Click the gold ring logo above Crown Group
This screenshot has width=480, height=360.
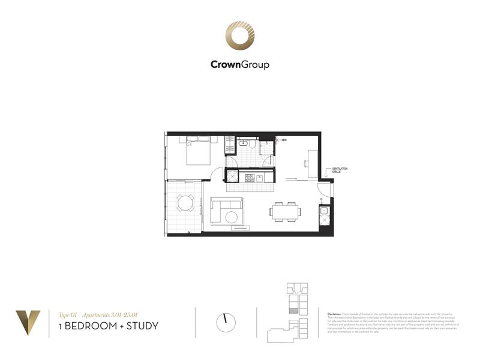coord(239,37)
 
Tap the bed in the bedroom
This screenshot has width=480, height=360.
coord(198,151)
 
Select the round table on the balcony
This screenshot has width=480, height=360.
coord(186,205)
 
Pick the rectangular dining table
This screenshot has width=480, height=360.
coord(284,211)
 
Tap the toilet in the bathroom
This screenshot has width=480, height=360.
coord(254,144)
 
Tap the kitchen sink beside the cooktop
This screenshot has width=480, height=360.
coord(260,177)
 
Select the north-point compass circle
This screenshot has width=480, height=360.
coord(227,322)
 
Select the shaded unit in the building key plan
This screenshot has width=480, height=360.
coord(293,311)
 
